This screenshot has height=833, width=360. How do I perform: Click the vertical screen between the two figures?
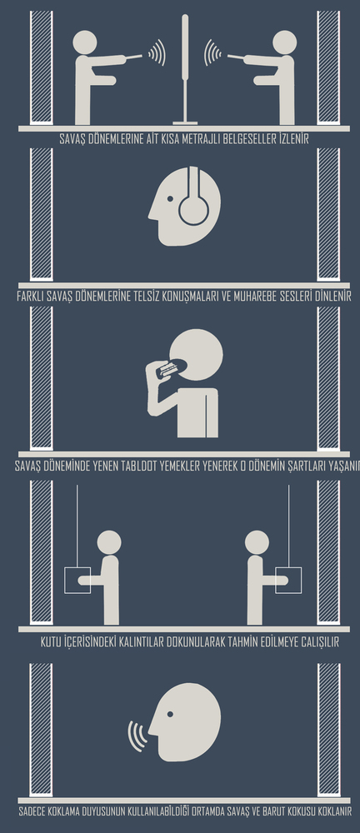pos(185,69)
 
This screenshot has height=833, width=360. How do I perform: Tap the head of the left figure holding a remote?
pos(85,42)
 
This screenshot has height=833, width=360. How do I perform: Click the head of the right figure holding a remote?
pos(284,42)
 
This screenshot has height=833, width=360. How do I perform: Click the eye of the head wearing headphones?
pos(170,199)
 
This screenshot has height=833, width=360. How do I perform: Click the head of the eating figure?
pos(196,354)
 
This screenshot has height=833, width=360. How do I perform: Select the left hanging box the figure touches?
pos(77,580)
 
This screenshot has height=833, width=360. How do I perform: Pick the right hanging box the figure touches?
pos(288,580)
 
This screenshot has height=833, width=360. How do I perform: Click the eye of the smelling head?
pos(170,714)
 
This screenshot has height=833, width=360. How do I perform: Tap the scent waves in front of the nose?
pos(137,736)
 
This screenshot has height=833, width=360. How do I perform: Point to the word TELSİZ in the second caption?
pos(152,297)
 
